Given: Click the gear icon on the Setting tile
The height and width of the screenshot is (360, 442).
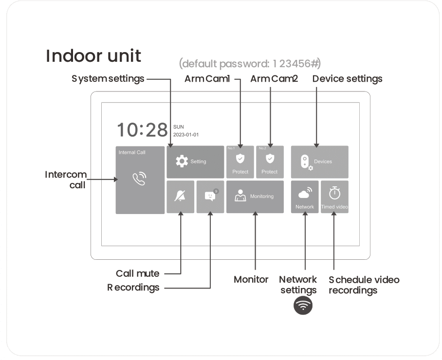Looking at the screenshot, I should (x=182, y=162).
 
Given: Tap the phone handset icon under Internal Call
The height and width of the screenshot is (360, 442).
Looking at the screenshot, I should (x=140, y=179).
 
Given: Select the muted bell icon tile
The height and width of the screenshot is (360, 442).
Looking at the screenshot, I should (x=180, y=197).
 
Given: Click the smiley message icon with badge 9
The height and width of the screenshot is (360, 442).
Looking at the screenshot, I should (x=210, y=196).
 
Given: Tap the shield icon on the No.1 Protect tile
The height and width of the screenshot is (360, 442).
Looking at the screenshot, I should (x=240, y=158).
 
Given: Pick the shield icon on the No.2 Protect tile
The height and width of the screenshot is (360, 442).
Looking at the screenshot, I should (x=270, y=158).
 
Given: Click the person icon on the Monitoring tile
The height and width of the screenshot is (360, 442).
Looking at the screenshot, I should (x=240, y=196).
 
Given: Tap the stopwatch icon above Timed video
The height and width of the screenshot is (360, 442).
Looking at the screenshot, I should (x=334, y=193).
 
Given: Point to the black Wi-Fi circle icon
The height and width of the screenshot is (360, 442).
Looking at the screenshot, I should (x=303, y=306).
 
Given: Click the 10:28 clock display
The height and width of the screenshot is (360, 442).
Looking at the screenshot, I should (x=142, y=130).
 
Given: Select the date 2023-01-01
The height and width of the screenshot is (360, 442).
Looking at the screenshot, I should (x=186, y=135).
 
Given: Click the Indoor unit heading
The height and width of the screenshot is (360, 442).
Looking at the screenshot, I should (x=93, y=56).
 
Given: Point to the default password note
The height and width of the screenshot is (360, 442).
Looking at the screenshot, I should (x=250, y=64).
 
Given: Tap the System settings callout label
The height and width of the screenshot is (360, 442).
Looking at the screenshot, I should (x=108, y=78).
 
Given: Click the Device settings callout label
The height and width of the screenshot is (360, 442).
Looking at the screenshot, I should (x=347, y=78).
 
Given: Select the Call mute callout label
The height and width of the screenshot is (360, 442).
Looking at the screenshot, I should (x=137, y=273).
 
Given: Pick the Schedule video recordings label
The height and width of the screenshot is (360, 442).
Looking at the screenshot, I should (x=364, y=285).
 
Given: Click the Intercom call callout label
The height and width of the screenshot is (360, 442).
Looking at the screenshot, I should (x=66, y=180).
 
